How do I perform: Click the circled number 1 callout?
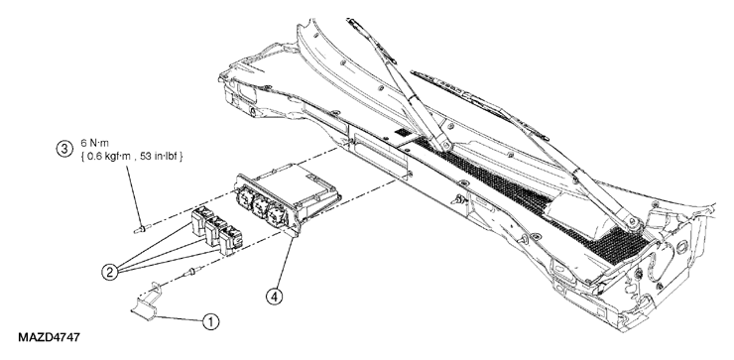point(210,321)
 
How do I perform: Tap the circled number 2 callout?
point(109,273)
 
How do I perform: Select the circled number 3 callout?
point(64,150)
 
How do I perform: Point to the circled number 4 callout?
point(275,297)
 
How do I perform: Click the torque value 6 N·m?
point(94,143)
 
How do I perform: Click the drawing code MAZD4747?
point(50,337)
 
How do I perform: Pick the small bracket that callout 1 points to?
point(146,301)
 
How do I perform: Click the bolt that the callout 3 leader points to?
point(141,229)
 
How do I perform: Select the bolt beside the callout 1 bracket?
point(195,271)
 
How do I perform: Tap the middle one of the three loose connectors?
point(214,230)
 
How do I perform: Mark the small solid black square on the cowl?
point(401,133)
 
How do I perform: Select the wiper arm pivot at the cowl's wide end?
point(637,224)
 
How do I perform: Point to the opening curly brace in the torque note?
point(83,157)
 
